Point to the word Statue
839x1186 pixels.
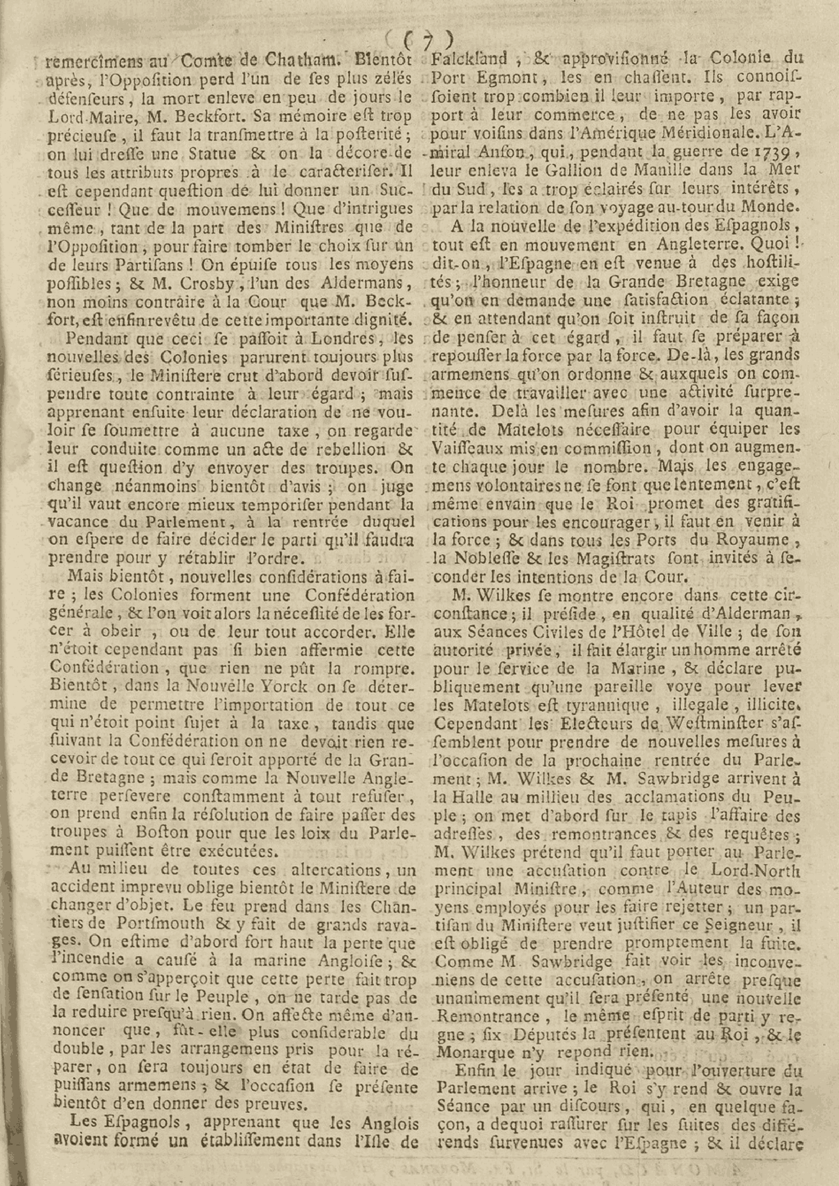pyautogui.click(x=212, y=154)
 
